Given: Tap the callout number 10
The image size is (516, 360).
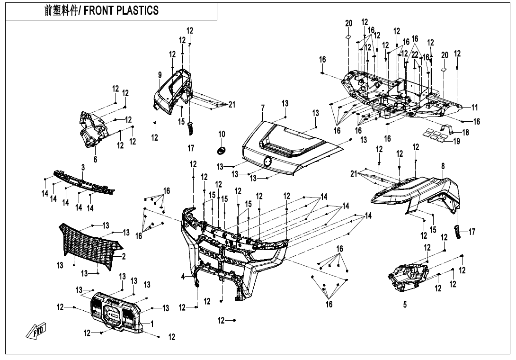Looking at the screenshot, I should [222, 135].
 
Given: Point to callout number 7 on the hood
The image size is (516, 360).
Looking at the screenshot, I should [263, 108].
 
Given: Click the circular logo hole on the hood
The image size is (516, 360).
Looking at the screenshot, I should [268, 162].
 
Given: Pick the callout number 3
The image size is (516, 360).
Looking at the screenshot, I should [83, 167].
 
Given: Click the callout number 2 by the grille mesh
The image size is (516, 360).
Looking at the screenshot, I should [124, 256].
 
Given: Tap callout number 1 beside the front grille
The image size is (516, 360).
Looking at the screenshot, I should [152, 323].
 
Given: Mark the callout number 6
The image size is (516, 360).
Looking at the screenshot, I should [95, 160].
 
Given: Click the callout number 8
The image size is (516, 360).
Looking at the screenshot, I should [443, 166].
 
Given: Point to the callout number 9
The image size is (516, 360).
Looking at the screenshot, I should [160, 75].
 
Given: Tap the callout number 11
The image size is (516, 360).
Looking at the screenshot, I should [475, 108].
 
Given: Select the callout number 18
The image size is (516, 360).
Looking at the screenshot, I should [465, 133].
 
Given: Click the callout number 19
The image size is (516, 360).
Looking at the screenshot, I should [456, 141].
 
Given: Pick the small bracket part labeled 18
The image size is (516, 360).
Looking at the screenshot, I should [445, 129].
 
